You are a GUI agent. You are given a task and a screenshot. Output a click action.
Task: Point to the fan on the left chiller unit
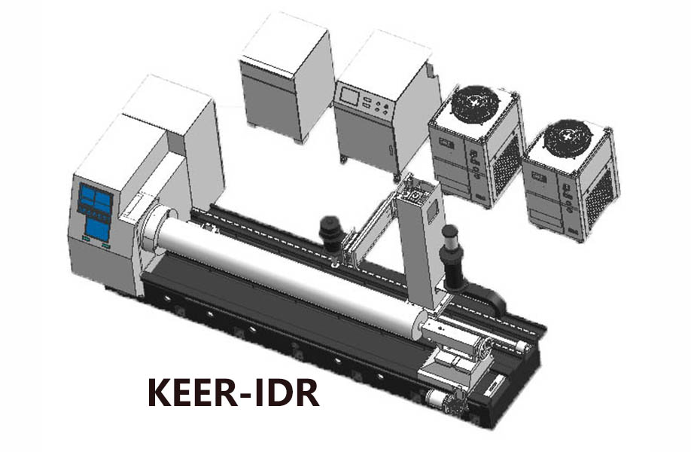point(476,104)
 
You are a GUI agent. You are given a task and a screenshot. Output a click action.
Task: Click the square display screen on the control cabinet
point(349,96)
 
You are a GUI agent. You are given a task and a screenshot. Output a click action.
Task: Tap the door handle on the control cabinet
point(391,150)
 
